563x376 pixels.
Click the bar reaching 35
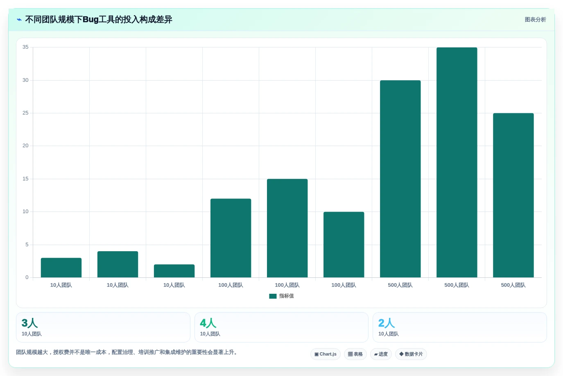pos(457,162)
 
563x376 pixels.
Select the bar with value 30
pos(400,179)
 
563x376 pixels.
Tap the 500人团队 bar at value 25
pos(513,195)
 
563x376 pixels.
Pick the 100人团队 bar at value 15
pos(287,228)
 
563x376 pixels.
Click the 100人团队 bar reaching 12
pos(231,238)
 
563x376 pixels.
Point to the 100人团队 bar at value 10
pos(344,245)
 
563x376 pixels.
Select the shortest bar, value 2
pos(174,271)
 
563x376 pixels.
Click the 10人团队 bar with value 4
pos(118,264)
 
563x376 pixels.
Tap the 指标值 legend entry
pos(282,296)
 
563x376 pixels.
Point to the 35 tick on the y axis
pos(25,47)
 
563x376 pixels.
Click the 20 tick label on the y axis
pos(25,146)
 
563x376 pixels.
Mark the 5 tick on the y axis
pos(27,245)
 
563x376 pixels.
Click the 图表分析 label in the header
pos(535,20)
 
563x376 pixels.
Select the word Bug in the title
pos(90,20)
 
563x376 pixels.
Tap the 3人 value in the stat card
pos(29,323)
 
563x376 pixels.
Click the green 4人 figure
pos(208,323)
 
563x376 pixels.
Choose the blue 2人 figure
pos(387,323)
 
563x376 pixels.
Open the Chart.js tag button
pos(326,354)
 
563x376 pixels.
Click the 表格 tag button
pos(355,354)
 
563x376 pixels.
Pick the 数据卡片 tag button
pos(411,354)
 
